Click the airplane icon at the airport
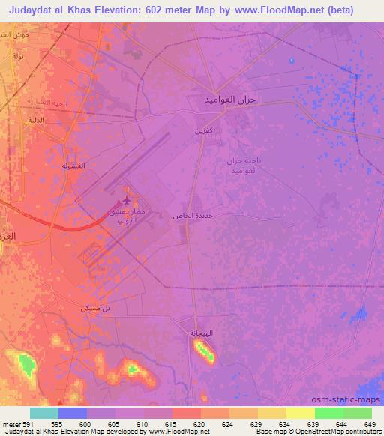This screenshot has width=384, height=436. point(127,200)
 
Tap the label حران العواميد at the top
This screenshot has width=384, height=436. point(231,100)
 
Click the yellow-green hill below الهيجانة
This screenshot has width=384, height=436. point(204,350)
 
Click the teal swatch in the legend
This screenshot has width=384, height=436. point(43,413)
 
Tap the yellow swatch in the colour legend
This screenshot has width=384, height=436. point(300,413)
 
